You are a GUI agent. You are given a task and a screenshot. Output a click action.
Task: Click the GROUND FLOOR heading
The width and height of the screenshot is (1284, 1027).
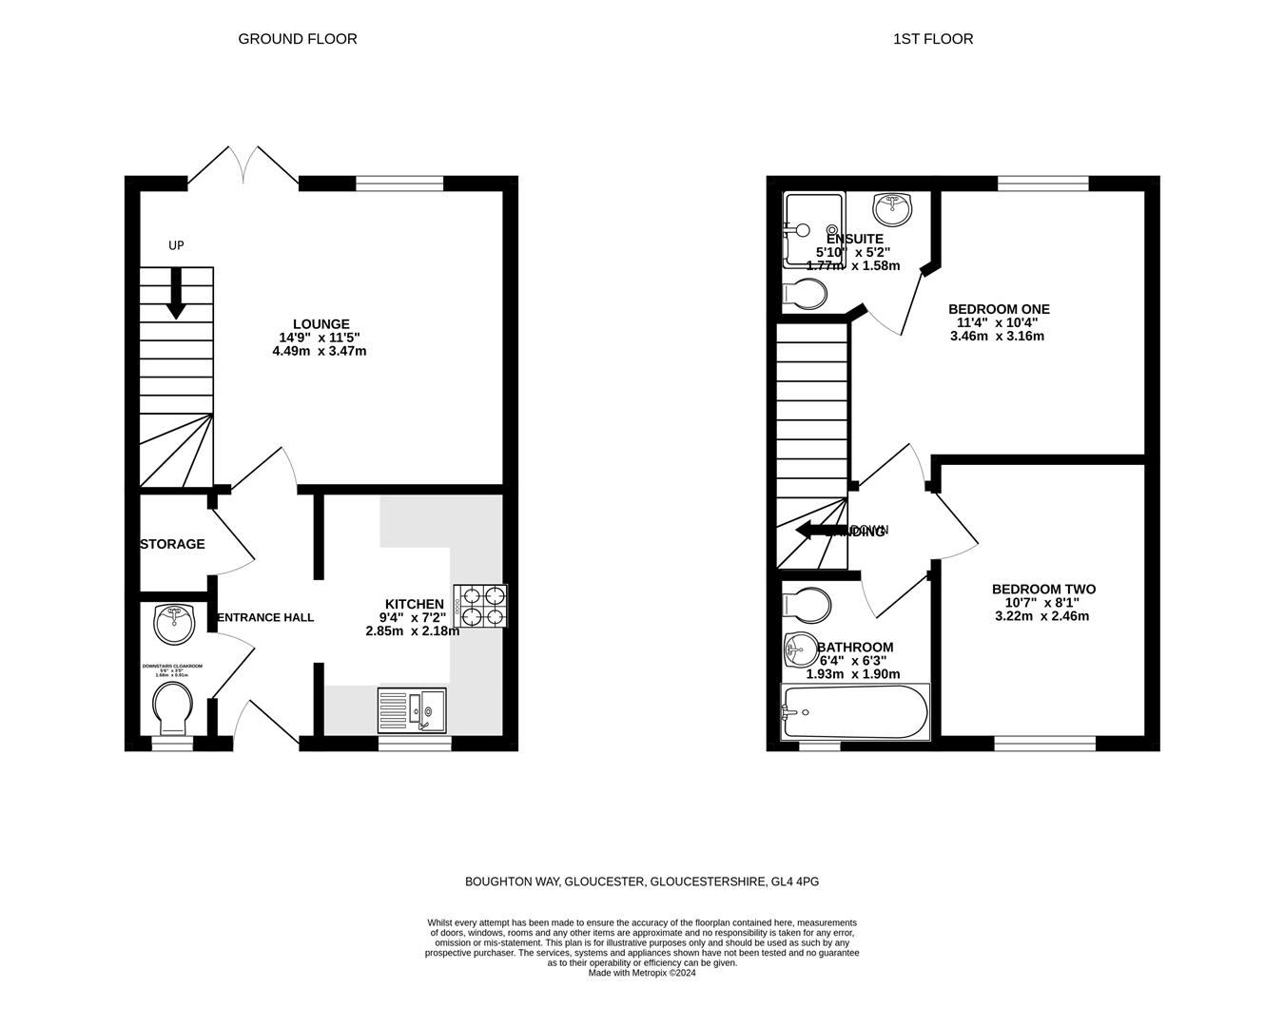point(297,39)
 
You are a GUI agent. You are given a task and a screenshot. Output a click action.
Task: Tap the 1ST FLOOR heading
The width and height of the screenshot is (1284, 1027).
point(932,39)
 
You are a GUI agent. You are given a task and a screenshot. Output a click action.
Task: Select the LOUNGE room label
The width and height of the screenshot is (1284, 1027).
point(321,324)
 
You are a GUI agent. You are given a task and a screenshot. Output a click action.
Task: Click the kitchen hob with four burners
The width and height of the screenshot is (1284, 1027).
point(480,606)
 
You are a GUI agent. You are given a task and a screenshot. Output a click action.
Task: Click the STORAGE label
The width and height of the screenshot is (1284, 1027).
point(172,544)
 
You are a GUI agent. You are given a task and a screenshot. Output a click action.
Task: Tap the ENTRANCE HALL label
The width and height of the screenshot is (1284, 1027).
point(265,617)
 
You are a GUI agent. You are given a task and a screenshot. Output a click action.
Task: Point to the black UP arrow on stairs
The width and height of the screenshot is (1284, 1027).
point(176,293)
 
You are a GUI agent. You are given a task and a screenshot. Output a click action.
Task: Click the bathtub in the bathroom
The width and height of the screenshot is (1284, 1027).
point(854,711)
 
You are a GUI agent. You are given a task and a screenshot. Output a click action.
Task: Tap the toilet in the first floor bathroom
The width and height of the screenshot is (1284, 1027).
point(805,604)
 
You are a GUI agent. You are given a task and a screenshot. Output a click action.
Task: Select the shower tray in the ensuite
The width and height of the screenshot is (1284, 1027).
point(813,230)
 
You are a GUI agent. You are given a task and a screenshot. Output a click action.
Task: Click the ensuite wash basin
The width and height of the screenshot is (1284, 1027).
point(892,205)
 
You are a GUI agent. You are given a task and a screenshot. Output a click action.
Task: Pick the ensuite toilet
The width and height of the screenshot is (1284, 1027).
point(804,296)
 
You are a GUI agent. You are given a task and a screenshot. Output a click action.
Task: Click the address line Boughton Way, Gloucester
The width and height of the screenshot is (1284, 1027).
point(642,882)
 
